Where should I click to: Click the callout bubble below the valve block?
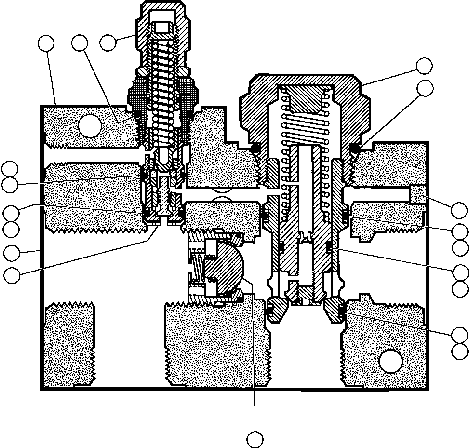point(255,439)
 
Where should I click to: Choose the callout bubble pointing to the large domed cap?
point(425,66)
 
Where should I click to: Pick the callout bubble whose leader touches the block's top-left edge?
point(46,43)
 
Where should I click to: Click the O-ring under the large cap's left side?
point(254,149)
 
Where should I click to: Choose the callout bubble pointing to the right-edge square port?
point(459,211)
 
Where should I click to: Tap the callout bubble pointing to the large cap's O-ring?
point(425,88)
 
